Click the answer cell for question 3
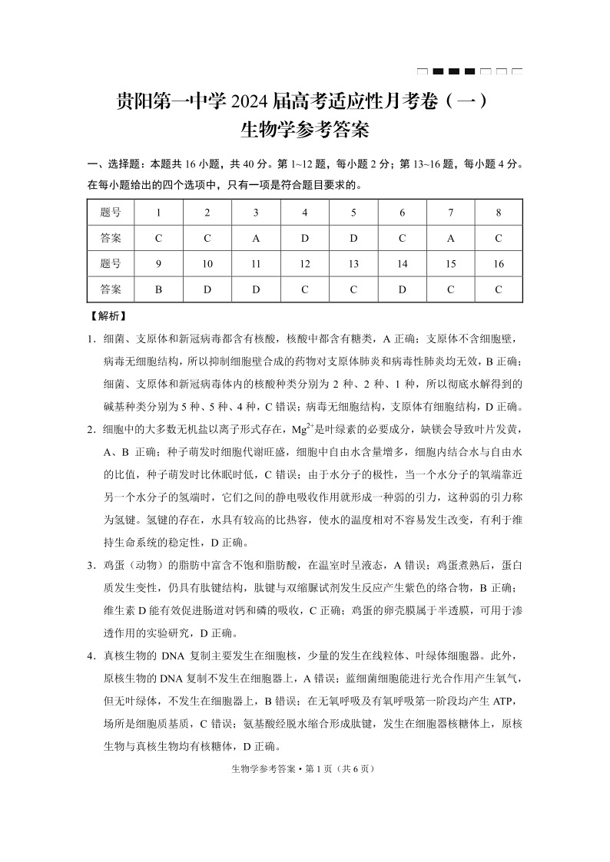256,238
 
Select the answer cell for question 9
158,289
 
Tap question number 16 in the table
499,263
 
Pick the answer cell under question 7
450,238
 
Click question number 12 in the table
305,263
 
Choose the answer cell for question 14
402,289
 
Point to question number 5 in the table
353,212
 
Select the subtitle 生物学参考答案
305,130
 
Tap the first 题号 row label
111,212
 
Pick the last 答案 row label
111,289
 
